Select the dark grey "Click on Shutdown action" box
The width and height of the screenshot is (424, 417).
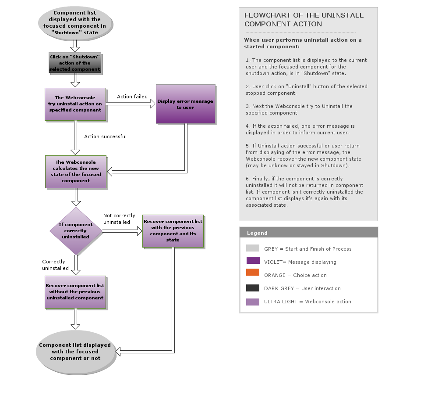[x=75, y=63]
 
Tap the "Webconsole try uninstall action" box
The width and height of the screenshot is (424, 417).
[x=75, y=104]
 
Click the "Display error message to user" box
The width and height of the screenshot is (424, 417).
[x=185, y=104]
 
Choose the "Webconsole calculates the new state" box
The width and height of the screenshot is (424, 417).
[x=76, y=172]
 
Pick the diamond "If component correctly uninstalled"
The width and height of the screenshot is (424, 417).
[x=76, y=231]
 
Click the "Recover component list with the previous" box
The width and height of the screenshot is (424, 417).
[x=173, y=231]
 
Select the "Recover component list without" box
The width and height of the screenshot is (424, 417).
[x=75, y=292]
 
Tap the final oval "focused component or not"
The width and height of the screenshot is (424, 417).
[x=75, y=352]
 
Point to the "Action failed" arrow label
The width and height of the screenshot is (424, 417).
[x=132, y=97]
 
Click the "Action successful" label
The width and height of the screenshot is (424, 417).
[x=105, y=137]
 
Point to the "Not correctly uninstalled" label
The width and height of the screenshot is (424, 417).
[x=119, y=219]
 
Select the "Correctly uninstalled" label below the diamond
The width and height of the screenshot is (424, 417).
[x=55, y=265]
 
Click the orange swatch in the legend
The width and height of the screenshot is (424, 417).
[x=253, y=273]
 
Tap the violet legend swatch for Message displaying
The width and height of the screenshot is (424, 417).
[x=253, y=260]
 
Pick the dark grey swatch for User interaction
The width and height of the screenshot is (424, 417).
[x=253, y=288]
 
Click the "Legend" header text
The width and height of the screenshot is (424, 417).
[x=257, y=233]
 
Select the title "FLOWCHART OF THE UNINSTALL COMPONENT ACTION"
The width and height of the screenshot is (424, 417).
[x=304, y=19]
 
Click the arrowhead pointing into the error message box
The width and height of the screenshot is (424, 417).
[x=152, y=104]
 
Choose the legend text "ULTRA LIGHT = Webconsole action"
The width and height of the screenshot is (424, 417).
[x=307, y=302]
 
